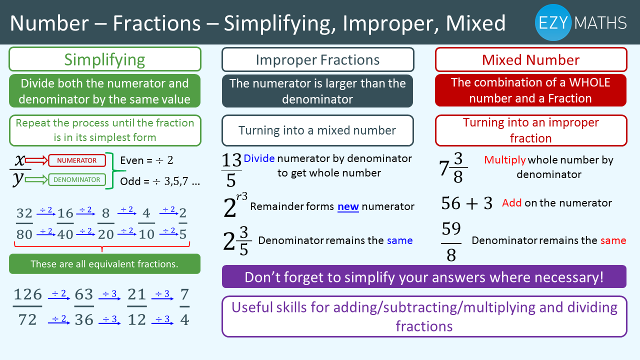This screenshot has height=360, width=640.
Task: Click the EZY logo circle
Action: (553, 22)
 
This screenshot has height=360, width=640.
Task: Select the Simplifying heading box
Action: (105, 59)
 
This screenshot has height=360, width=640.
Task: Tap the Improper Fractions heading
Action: (317, 59)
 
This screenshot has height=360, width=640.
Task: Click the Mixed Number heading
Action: (531, 59)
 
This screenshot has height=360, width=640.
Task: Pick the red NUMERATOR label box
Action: (77, 160)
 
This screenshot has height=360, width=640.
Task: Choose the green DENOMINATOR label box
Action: (77, 179)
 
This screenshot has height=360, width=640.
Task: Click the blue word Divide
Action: (259, 158)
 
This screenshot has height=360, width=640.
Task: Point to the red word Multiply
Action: (505, 160)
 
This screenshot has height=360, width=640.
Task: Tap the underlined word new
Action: (348, 206)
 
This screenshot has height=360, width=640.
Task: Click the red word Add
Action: (512, 203)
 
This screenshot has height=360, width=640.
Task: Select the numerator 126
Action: (27, 294)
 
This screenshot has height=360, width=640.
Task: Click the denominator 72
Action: (27, 319)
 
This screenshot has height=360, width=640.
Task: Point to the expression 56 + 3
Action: (467, 203)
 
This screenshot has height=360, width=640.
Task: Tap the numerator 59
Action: (451, 228)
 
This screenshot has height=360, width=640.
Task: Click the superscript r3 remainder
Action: (241, 196)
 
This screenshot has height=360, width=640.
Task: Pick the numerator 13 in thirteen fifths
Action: (231, 160)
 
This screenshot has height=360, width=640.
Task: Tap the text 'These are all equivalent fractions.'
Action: (104, 264)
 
